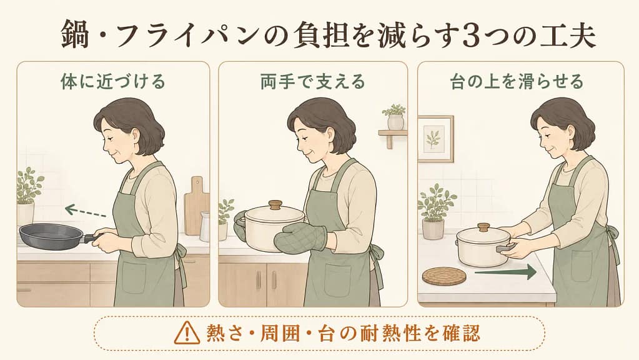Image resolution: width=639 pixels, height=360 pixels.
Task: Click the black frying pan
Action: tap(53, 237)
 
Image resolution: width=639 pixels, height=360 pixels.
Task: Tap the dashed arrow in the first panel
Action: tap(86, 212)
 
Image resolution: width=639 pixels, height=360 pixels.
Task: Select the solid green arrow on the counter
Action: tap(505, 271)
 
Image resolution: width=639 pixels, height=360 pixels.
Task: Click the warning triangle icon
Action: tap(187, 333)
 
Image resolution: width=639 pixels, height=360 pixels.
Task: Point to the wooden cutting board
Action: tap(196, 206)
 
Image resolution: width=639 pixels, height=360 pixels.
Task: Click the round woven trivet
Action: tap(444, 276)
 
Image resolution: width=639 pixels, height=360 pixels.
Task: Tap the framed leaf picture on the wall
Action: tap(435, 139)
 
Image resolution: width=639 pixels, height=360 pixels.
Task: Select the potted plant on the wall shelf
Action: tap(395, 117)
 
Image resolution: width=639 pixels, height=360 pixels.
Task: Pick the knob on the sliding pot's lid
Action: tap(483, 227)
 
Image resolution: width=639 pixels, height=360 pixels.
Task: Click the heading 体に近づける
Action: tap(113, 81)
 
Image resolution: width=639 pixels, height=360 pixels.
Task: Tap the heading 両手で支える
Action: tap(312, 81)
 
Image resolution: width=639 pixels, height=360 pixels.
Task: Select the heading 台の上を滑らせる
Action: tap(517, 81)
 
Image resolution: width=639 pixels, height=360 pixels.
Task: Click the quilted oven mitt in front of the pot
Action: tap(300, 239)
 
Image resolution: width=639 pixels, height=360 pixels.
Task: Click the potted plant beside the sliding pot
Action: tap(435, 211)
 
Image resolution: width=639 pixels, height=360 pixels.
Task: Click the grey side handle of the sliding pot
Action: tap(503, 248)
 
